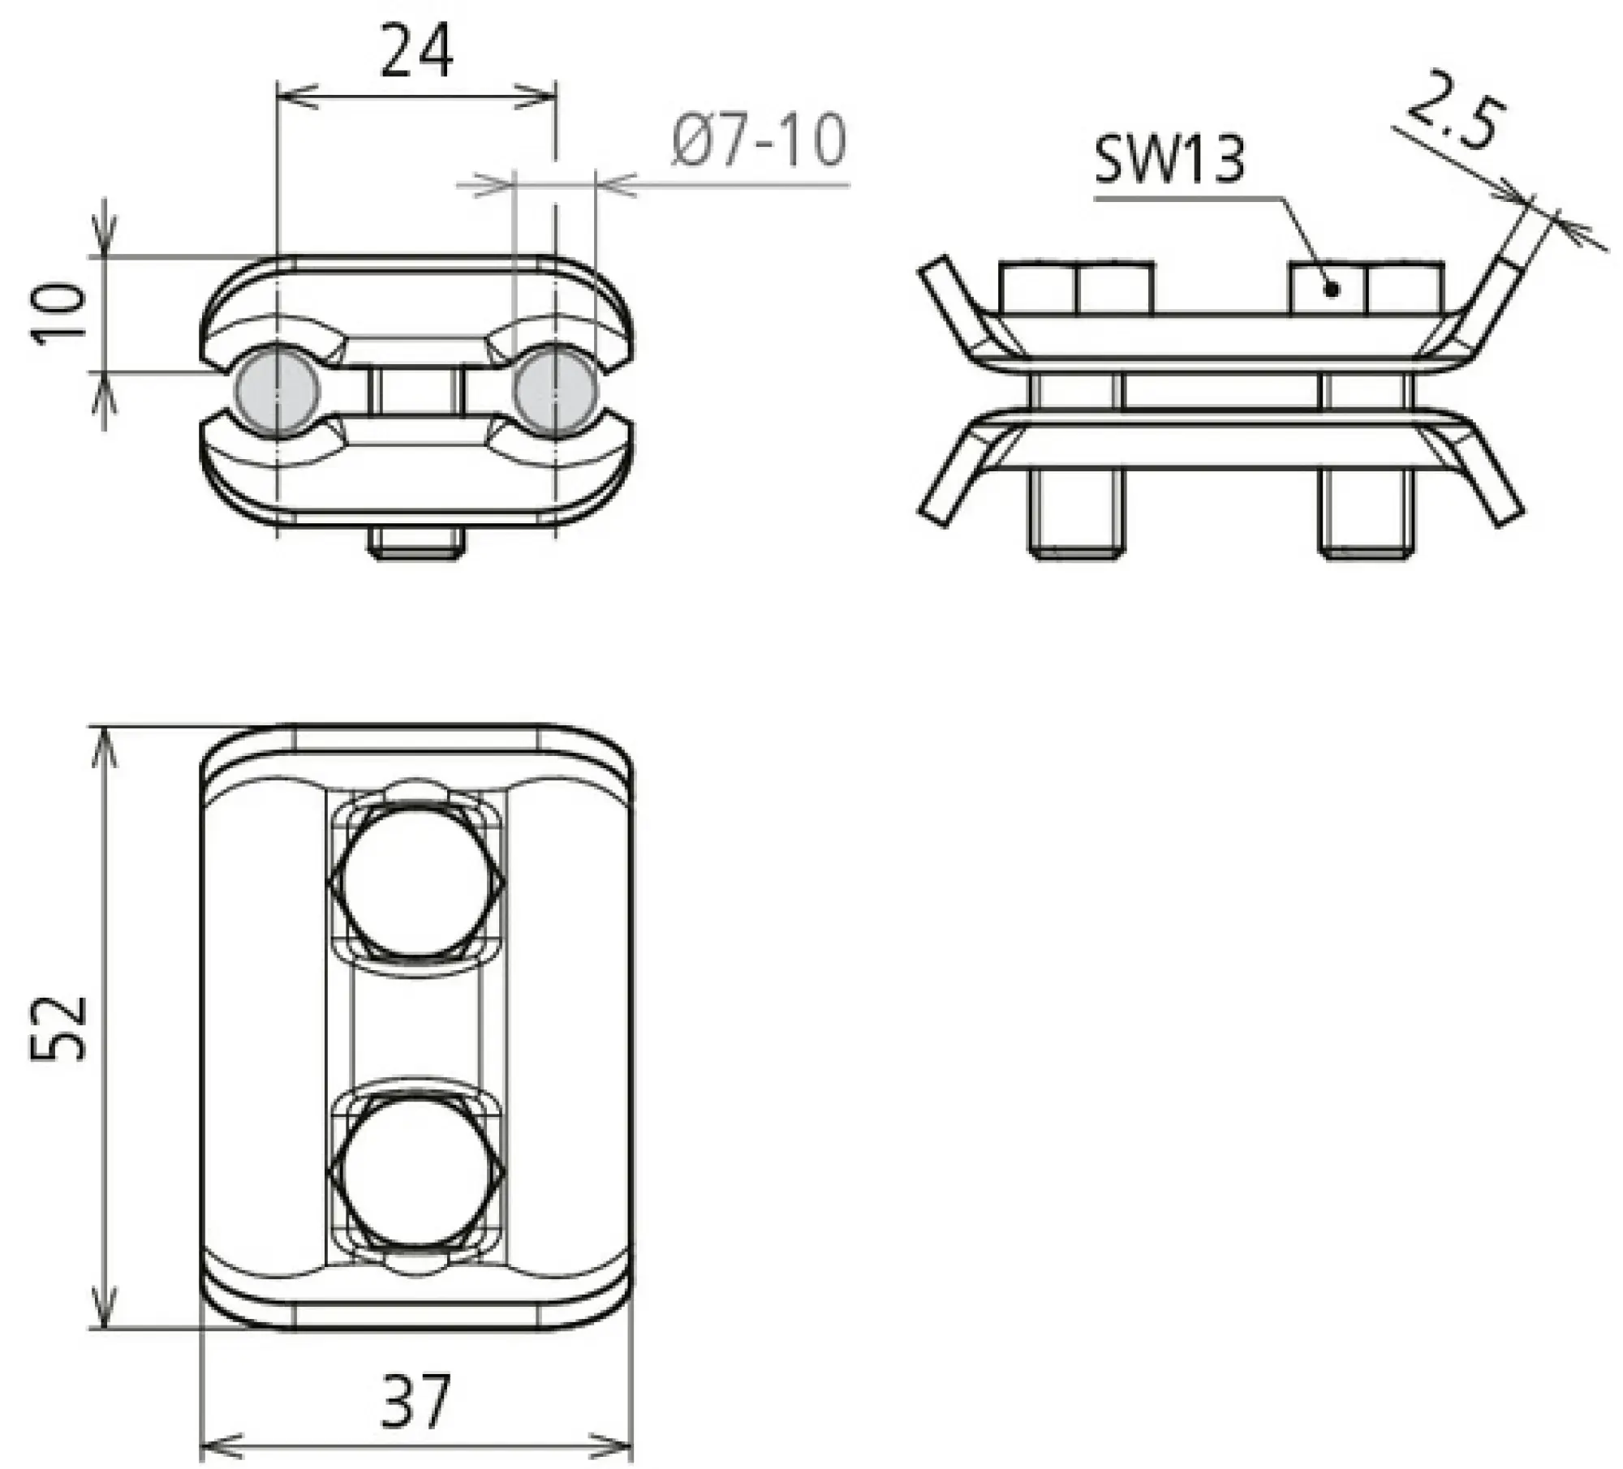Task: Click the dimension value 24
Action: click(x=416, y=50)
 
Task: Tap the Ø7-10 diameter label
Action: click(x=759, y=140)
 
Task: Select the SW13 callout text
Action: click(x=1168, y=160)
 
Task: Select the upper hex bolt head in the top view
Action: click(x=417, y=881)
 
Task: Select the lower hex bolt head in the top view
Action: click(x=417, y=1174)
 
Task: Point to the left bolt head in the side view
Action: click(x=1076, y=287)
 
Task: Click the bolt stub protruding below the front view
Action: click(x=417, y=543)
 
